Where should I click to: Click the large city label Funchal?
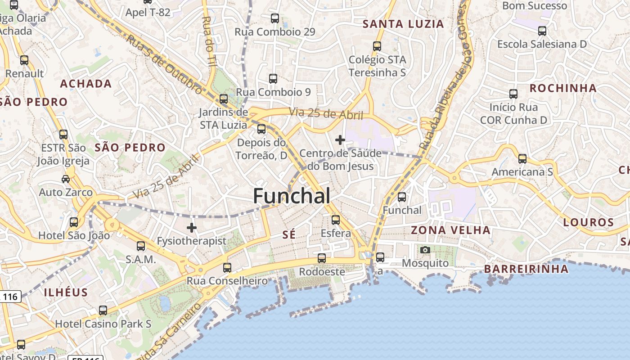click(x=292, y=196)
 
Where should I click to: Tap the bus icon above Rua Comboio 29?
click(x=275, y=18)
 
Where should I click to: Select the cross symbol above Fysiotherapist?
click(x=192, y=228)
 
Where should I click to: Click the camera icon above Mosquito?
click(x=425, y=250)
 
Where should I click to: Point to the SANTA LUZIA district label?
click(x=403, y=24)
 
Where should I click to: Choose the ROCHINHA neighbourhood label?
click(x=563, y=88)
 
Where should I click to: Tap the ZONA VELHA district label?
click(x=450, y=230)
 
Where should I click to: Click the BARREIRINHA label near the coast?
click(x=526, y=269)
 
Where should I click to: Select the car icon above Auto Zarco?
click(x=66, y=179)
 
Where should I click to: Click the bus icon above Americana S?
click(x=522, y=159)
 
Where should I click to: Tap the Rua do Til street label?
click(x=210, y=41)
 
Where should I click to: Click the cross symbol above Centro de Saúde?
click(x=340, y=140)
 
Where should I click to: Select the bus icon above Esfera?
click(x=336, y=220)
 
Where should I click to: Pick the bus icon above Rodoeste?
click(x=322, y=258)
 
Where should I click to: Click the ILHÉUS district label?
click(x=66, y=292)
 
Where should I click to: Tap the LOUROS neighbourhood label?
click(x=589, y=222)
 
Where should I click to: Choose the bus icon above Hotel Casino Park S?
click(x=103, y=310)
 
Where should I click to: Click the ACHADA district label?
click(x=85, y=84)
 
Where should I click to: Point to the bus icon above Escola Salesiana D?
click(x=542, y=31)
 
